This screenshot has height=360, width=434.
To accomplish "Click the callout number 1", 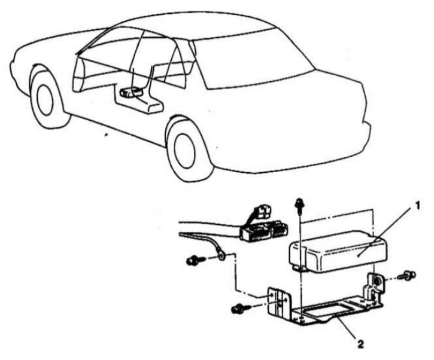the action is click(417, 206).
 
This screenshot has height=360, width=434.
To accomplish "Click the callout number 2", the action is click(360, 344).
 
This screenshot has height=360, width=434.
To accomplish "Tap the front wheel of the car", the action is click(47, 97).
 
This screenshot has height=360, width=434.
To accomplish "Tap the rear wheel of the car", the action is click(186, 150).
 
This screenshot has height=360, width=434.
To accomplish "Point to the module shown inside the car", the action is click(132, 93).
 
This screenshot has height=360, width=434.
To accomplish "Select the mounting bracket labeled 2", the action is click(324, 301).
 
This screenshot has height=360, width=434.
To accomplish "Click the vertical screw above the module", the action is click(299, 206).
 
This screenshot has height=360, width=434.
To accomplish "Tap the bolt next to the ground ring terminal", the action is click(196, 260).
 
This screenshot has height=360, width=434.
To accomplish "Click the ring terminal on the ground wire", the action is click(221, 257).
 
